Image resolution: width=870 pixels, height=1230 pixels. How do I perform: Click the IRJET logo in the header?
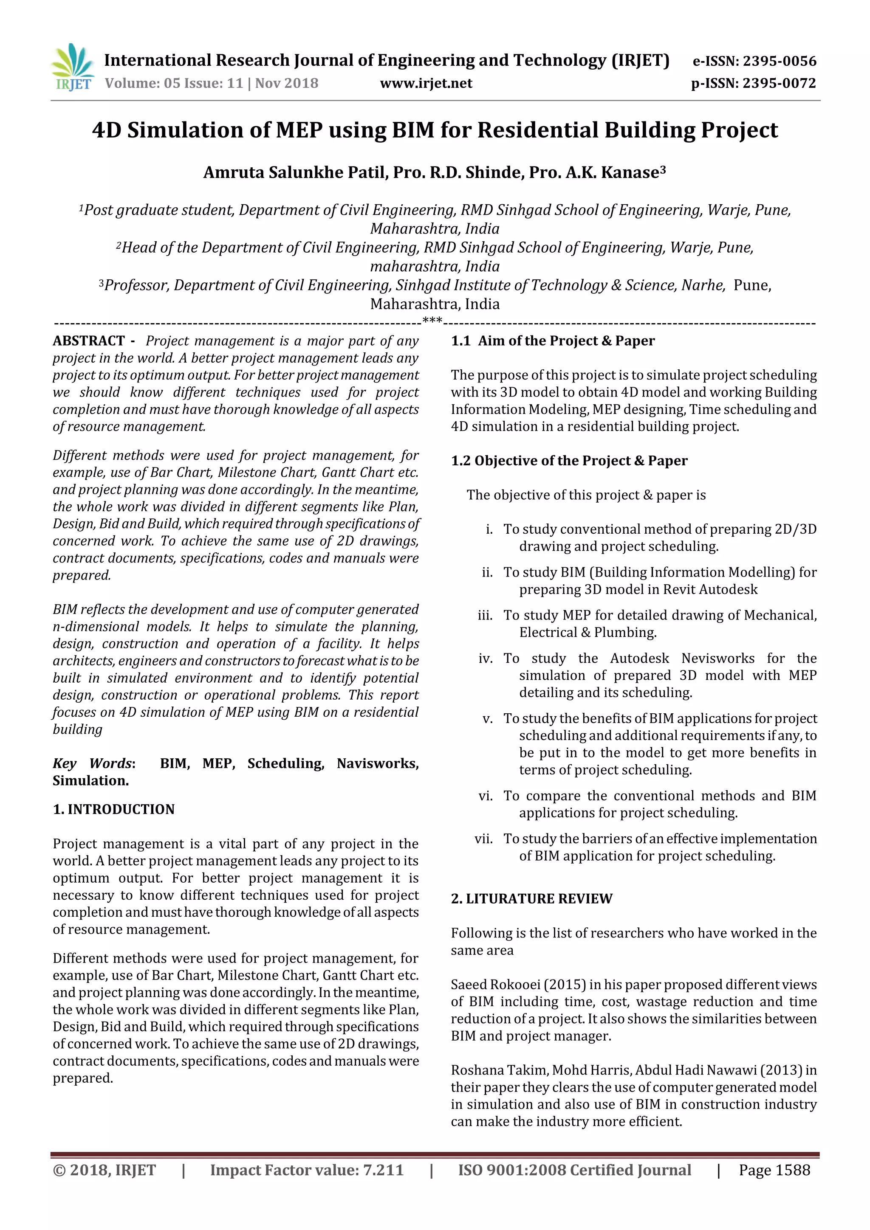coord(72,68)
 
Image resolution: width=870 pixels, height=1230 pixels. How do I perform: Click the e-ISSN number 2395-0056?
coord(780,61)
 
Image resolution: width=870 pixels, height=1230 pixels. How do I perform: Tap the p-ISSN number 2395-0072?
coord(780,84)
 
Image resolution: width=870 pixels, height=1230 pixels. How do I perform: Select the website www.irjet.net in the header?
coord(426,84)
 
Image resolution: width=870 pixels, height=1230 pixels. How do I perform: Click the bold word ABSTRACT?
coord(88,341)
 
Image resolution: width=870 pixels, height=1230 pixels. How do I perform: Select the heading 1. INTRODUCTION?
coord(114,809)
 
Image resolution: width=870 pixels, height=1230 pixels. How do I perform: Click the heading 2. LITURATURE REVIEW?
coord(531,898)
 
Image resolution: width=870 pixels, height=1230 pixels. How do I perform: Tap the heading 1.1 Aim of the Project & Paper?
coord(553,341)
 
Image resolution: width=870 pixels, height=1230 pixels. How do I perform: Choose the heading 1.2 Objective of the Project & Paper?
coord(569,461)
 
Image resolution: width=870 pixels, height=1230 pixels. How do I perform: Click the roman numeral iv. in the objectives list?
coord(486,659)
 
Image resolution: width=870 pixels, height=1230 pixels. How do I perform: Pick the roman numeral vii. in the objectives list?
coord(483,839)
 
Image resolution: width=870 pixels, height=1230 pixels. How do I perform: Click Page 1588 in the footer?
coord(774,1170)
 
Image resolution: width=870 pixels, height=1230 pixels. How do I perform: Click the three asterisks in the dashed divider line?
coord(432,321)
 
